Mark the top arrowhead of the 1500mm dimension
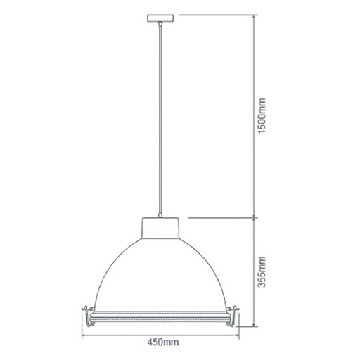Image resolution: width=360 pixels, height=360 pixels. pos(254,17)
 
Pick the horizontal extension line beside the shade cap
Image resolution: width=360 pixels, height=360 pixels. pos(218,218)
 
